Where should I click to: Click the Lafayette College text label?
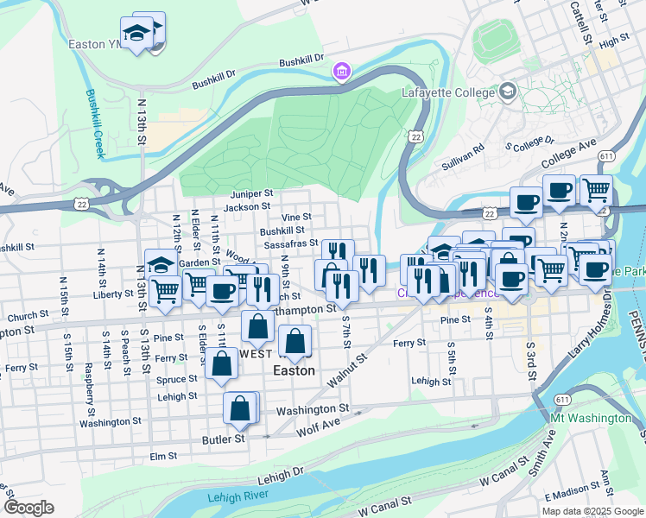point(444,92)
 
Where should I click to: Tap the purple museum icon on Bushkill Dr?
point(342,70)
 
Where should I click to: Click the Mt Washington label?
point(591,418)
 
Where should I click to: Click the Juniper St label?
point(251,194)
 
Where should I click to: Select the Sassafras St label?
point(291,244)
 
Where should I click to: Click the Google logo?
point(28,508)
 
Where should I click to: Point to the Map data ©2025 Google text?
point(592,511)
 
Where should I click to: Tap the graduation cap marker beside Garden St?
point(161,263)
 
